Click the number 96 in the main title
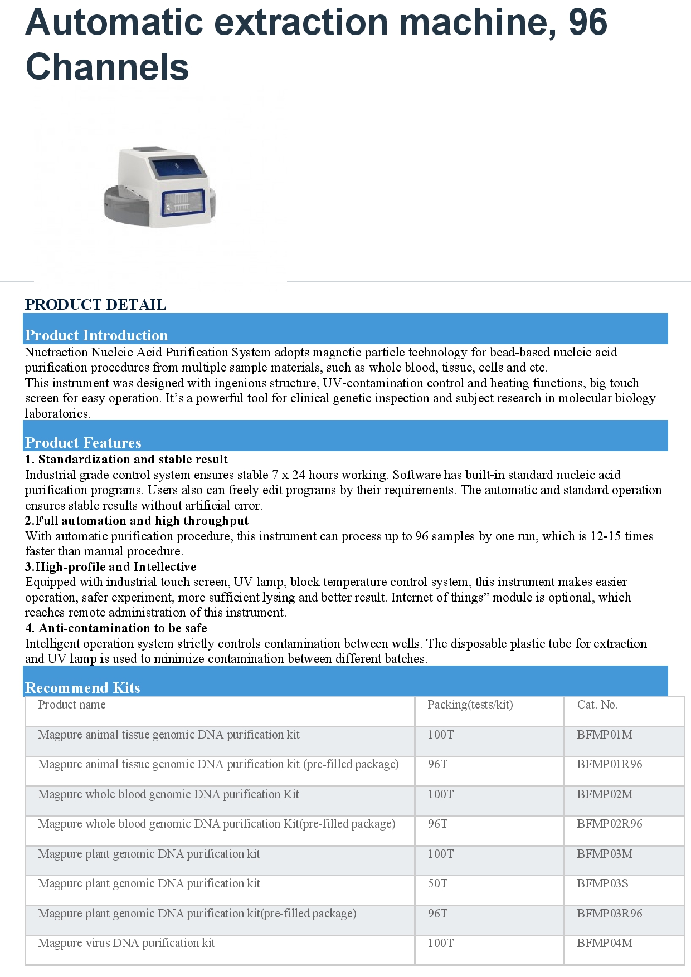(587, 22)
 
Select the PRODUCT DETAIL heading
(95, 305)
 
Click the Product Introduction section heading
(96, 335)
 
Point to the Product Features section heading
(83, 443)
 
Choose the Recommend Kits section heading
(82, 688)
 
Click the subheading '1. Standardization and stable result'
(126, 460)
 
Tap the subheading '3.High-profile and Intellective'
(110, 567)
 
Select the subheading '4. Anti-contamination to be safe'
(116, 628)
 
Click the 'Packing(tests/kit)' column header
(470, 705)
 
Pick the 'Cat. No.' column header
(597, 705)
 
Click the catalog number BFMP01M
(605, 735)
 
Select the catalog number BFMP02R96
(609, 824)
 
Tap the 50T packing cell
(437, 883)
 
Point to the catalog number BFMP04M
(605, 943)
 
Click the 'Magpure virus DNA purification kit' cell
(126, 943)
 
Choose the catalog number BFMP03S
(602, 883)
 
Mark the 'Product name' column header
(72, 705)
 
